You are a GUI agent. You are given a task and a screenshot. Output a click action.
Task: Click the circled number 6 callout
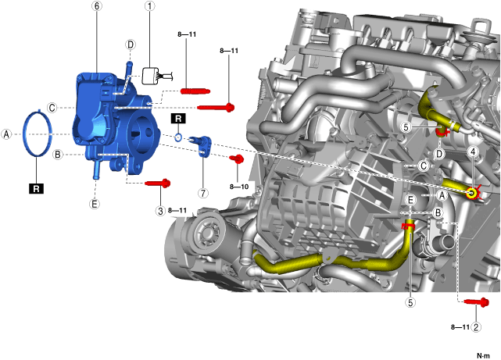[x=97, y=6]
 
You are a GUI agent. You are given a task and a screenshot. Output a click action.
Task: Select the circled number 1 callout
[x=149, y=6]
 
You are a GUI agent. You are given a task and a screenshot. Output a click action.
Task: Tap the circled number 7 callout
[x=203, y=193]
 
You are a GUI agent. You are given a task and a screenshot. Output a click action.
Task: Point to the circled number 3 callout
[x=160, y=211]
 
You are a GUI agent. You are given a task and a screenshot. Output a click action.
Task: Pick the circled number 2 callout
[x=476, y=327]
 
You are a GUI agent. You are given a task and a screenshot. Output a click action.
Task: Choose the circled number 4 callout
[x=473, y=151]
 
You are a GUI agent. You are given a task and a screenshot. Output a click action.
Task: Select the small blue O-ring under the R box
[x=178, y=138]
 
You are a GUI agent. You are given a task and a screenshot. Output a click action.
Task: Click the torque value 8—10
[x=239, y=187]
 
